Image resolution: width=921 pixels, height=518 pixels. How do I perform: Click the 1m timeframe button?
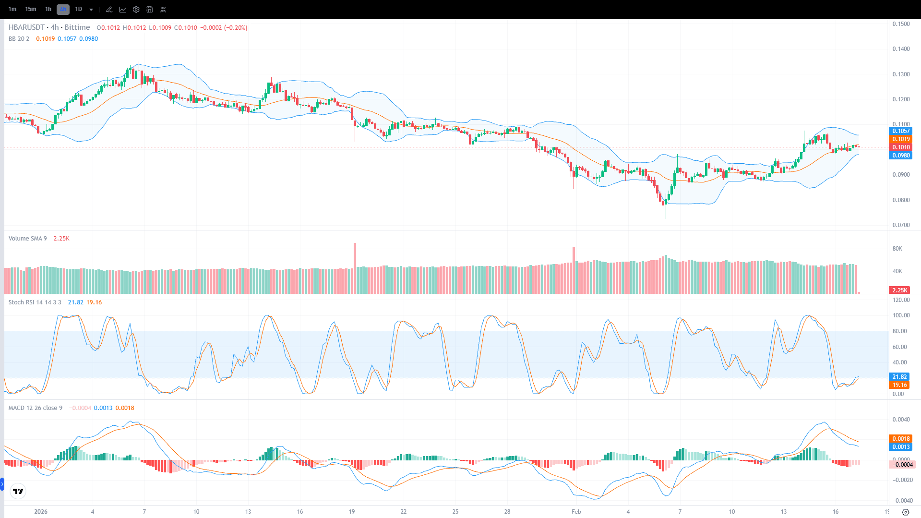tap(12, 9)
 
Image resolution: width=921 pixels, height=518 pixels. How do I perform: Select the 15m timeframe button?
tap(30, 9)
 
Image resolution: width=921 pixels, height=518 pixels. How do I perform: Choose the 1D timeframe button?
tap(78, 9)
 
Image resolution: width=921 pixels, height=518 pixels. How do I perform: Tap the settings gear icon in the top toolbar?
tap(136, 10)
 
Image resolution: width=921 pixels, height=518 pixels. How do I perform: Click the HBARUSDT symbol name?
tap(26, 27)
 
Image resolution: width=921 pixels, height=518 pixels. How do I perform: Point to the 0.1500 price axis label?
tap(901, 24)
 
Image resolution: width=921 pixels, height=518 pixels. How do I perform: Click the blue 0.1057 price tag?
tap(901, 131)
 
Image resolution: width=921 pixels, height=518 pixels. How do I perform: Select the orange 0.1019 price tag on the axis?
tap(901, 139)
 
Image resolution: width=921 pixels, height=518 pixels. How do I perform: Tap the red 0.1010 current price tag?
tap(901, 147)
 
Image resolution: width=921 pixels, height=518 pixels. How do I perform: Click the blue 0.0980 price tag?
tap(901, 156)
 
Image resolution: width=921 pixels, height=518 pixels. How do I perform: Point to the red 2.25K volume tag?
tap(899, 290)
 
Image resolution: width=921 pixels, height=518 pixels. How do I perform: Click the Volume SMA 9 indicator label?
tap(27, 239)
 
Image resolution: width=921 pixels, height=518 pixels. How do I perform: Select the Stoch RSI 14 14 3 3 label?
tap(35, 302)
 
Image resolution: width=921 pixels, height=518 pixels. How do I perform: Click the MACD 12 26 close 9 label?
tap(35, 408)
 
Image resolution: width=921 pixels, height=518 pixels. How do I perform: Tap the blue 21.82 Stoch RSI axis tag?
tap(899, 377)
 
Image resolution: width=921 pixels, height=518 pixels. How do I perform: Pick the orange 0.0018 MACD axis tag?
tap(901, 439)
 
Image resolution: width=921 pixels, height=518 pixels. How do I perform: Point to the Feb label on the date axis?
tap(576, 512)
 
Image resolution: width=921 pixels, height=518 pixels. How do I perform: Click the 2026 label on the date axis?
tap(41, 512)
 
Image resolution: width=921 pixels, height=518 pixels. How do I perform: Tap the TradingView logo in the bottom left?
tap(18, 491)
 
